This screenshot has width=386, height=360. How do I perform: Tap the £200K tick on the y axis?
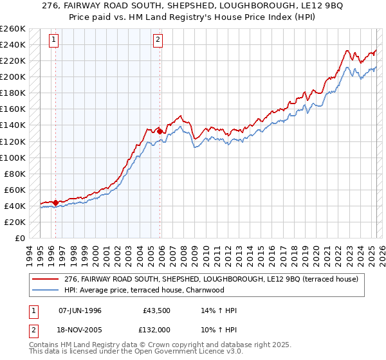[12, 76]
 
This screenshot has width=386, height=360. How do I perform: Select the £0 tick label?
[20, 238]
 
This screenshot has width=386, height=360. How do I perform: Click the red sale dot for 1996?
[55, 203]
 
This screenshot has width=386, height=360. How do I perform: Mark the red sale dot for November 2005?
[160, 131]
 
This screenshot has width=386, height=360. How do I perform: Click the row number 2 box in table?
[32, 330]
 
